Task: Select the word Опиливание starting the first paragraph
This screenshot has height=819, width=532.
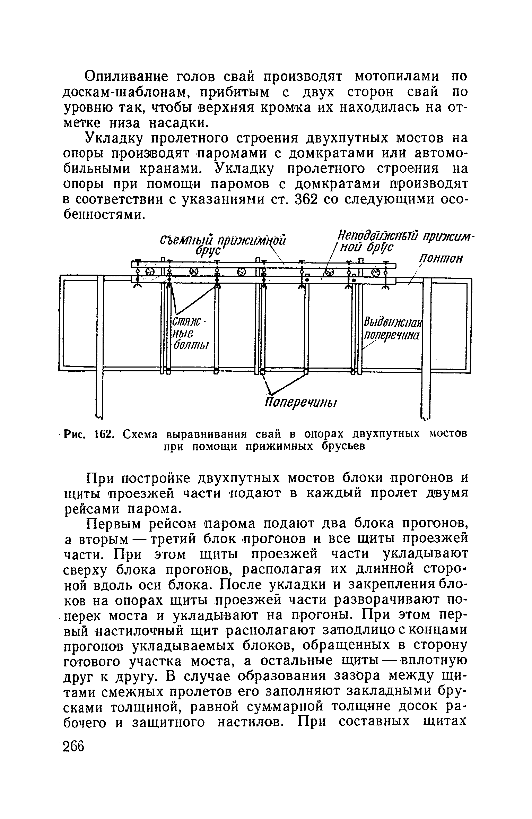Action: tap(116, 76)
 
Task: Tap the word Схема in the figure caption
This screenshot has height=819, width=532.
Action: tap(141, 434)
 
